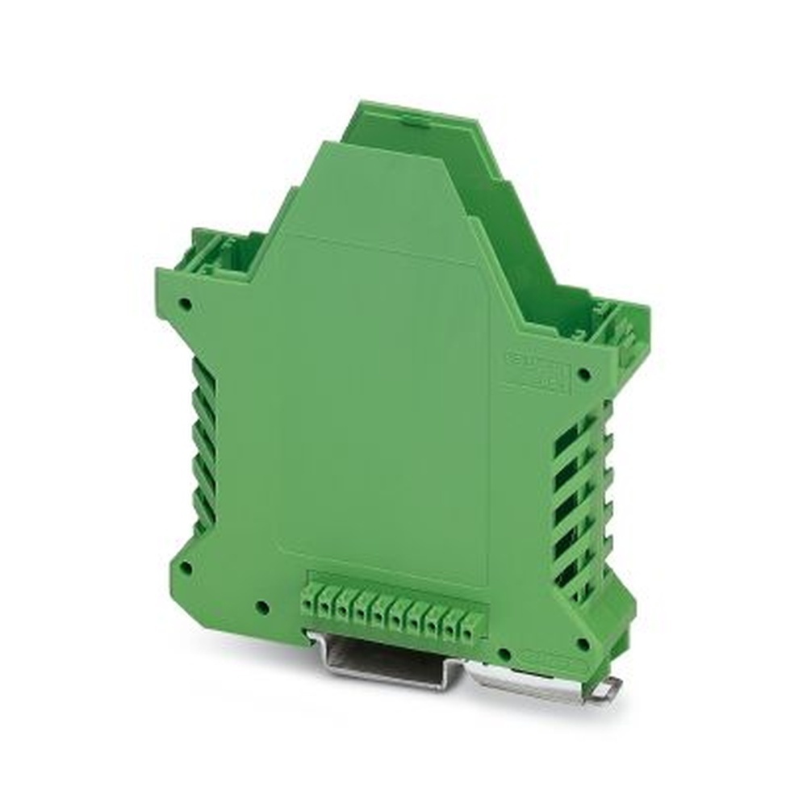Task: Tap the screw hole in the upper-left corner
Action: pyautogui.click(x=186, y=305)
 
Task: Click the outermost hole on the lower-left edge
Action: pyautogui.click(x=185, y=567)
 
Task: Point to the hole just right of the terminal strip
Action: pyautogui.click(x=504, y=653)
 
